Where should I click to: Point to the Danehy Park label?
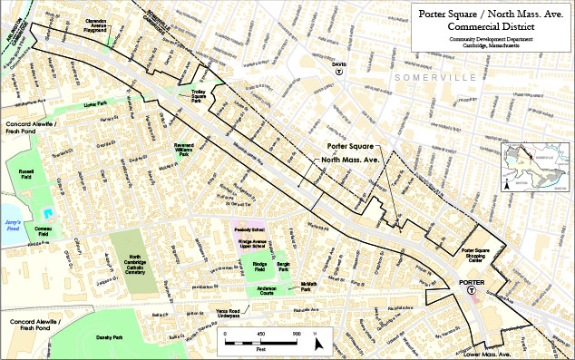[x=111, y=337]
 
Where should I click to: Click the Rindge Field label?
[x=259, y=268]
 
